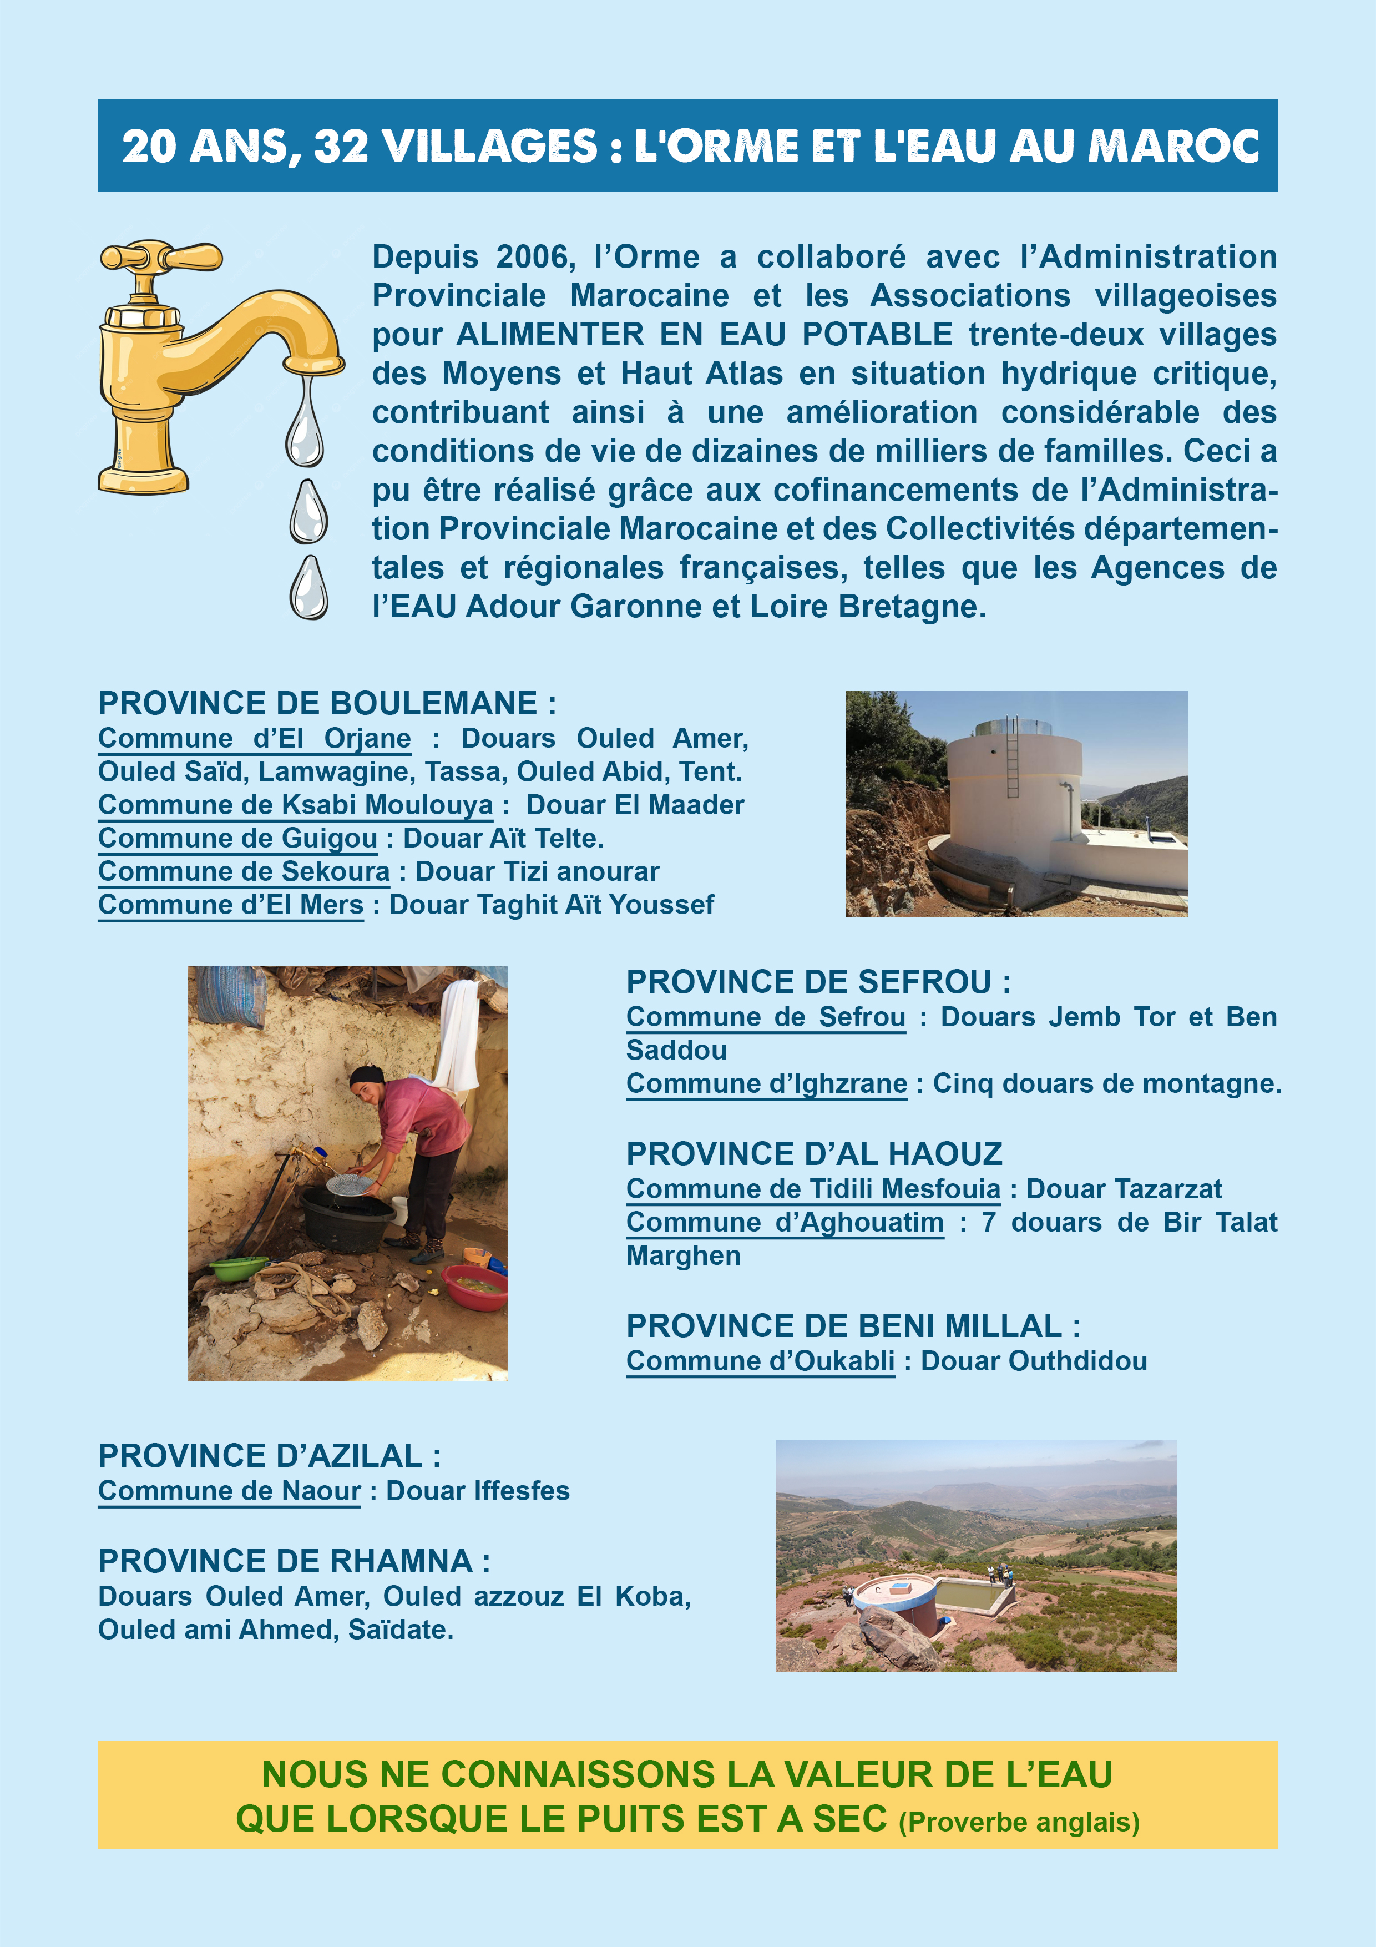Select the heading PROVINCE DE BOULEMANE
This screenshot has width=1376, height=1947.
point(326,703)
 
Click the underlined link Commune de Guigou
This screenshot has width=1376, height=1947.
point(237,838)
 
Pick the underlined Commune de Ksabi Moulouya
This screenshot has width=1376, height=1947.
point(295,805)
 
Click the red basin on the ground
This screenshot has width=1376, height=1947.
point(473,1287)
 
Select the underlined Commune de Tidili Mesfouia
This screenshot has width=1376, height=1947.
point(813,1189)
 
